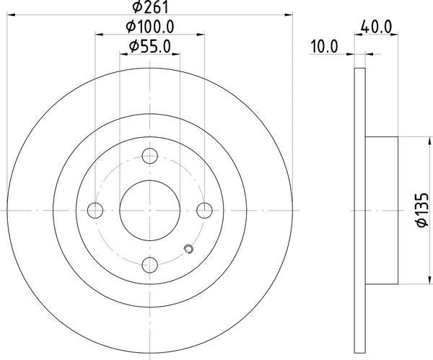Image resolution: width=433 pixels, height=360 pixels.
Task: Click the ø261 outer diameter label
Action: pos(150,6)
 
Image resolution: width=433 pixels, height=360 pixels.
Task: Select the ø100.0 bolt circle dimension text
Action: pos(150,27)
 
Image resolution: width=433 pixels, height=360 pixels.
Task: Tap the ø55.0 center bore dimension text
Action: pos(150,47)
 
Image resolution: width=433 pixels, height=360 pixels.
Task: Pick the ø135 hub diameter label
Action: pos(423,210)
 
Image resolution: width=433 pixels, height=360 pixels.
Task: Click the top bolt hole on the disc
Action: pos(149,156)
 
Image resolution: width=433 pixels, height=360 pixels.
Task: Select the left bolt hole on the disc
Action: pos(95,211)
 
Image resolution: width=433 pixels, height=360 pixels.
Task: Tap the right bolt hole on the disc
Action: pos(204,211)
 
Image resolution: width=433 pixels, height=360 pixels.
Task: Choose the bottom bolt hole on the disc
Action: pos(149,265)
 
